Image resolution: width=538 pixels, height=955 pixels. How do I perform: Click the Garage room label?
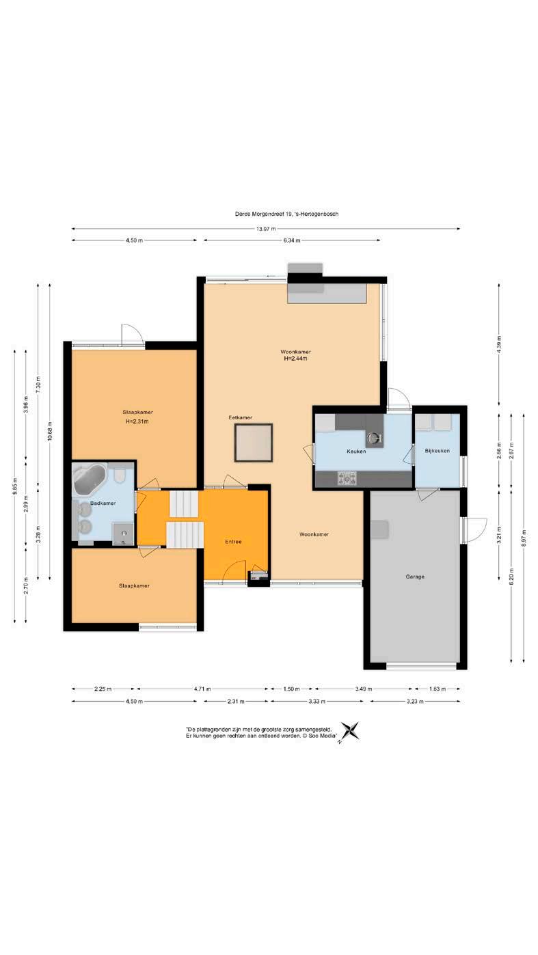pos(415,577)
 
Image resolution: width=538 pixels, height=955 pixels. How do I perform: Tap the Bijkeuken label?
pos(437,451)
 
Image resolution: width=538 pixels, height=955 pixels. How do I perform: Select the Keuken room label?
pos(356,451)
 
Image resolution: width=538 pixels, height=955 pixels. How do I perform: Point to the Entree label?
pos(233,542)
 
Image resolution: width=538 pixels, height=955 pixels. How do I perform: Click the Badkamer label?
pos(103,503)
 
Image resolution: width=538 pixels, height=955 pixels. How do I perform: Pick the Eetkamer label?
pos(240,417)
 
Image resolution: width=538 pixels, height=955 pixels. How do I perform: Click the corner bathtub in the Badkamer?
pos(89,479)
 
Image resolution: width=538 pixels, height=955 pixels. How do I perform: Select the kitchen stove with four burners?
pos(347,478)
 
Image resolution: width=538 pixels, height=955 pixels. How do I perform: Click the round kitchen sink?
pos(374,437)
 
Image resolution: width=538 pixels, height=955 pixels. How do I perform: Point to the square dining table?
pos(253,442)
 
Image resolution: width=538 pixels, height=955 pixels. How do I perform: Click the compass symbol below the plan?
pos(349,731)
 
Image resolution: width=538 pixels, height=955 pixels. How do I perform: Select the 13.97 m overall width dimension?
pos(266,229)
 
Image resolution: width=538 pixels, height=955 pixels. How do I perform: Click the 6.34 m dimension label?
pos(292,240)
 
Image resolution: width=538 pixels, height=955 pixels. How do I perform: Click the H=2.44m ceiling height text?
pos(296,359)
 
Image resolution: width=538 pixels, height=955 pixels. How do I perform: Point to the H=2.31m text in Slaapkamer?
pos(137,421)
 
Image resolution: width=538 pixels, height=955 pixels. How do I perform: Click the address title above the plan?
pos(286,214)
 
